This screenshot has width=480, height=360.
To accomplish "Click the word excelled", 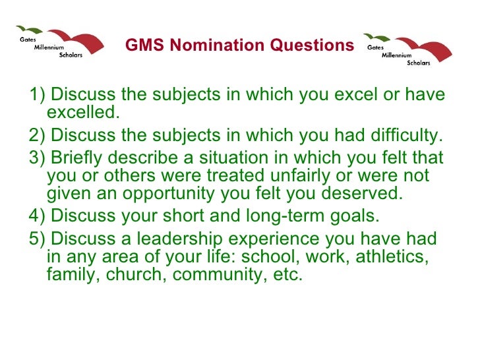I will point(83,113).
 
